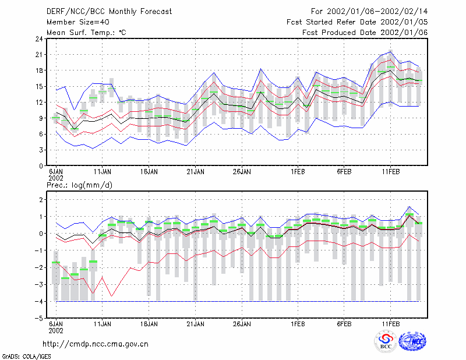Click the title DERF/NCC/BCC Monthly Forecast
pyautogui.click(x=109, y=12)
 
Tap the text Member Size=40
pyautogui.click(x=78, y=22)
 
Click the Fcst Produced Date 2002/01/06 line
pyautogui.click(x=365, y=33)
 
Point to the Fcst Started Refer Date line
pyautogui.click(x=357, y=22)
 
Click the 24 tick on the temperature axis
pyautogui.click(x=39, y=38)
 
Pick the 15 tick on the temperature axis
pyautogui.click(x=39, y=87)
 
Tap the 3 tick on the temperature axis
pyautogui.click(x=41, y=150)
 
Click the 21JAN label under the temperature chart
pyautogui.click(x=195, y=172)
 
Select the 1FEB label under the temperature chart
pyautogui.click(x=298, y=172)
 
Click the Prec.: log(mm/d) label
pyautogui.click(x=80, y=185)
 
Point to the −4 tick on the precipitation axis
pyautogui.click(x=38, y=301)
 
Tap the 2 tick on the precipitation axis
pyautogui.click(x=41, y=199)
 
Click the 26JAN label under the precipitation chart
pyautogui.click(x=242, y=324)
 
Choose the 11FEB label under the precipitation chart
pyautogui.click(x=390, y=324)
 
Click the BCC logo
pyautogui.click(x=386, y=342)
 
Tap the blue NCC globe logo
pyautogui.click(x=412, y=341)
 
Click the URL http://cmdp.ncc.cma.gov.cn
pyautogui.click(x=96, y=344)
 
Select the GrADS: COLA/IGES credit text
pyautogui.click(x=26, y=357)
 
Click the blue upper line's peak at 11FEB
pyautogui.click(x=390, y=52)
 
